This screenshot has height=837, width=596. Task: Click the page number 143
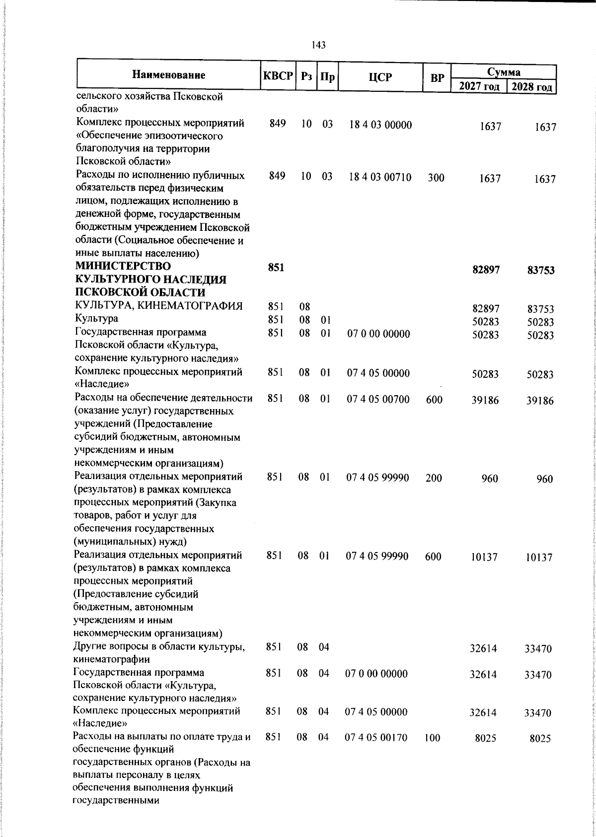[318, 45]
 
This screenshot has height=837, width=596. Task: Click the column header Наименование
[169, 75]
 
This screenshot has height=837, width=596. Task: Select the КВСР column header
[278, 76]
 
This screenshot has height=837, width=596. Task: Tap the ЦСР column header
[380, 77]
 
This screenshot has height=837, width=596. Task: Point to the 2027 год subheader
[479, 86]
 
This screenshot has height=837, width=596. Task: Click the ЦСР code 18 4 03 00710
[380, 177]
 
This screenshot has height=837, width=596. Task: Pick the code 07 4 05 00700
[378, 399]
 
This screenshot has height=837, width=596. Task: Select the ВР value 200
[434, 478]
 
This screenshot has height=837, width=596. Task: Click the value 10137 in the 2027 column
[484, 558]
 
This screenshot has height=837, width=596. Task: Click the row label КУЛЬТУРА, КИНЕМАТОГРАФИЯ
[158, 305]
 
